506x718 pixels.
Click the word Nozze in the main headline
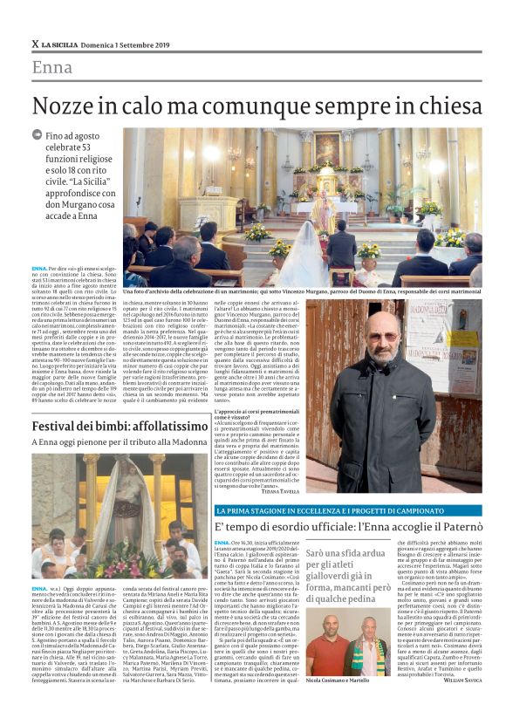[63, 106]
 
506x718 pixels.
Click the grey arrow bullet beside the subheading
[37, 135]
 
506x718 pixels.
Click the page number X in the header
[35, 44]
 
